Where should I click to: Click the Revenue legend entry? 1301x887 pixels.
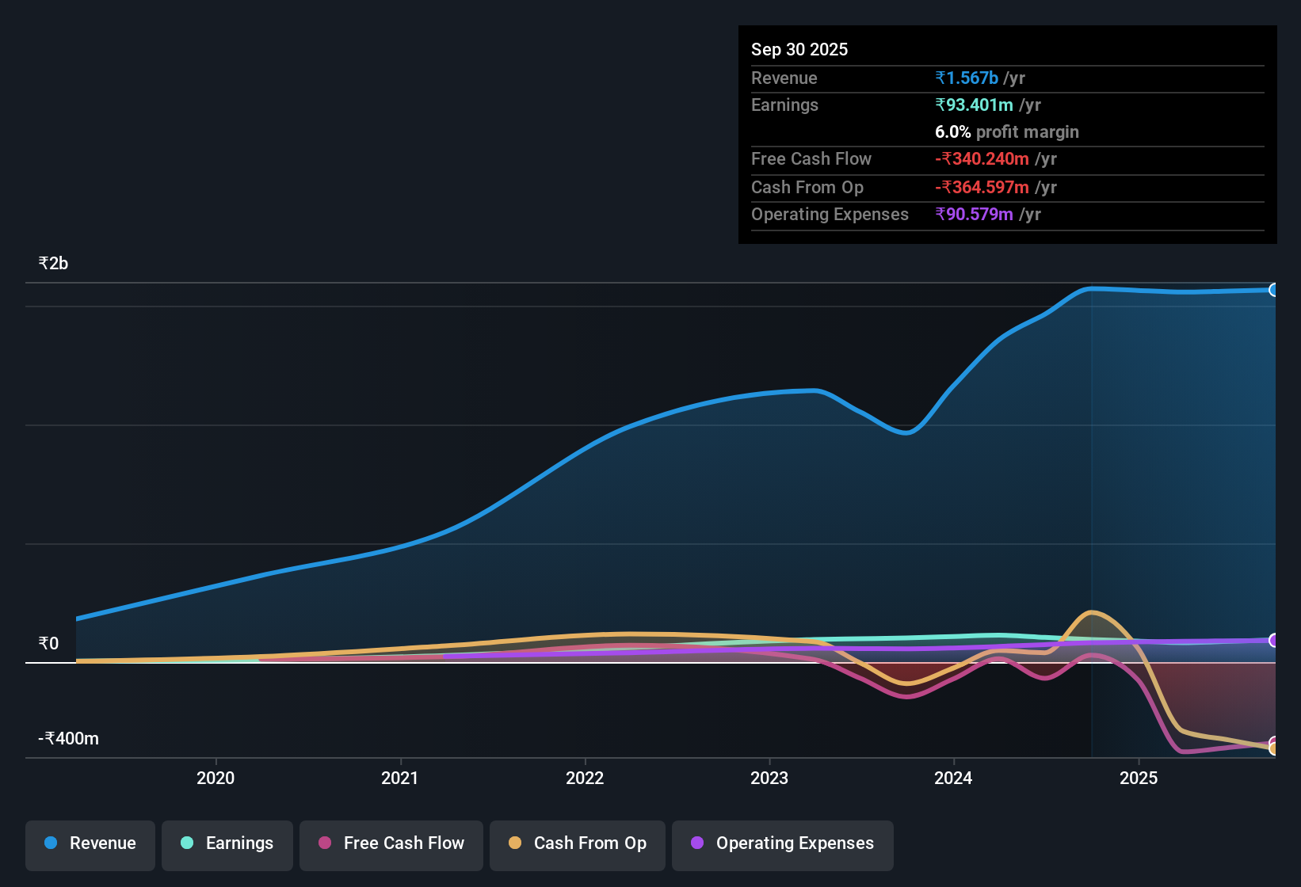pyautogui.click(x=90, y=843)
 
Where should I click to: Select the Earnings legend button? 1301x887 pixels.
pyautogui.click(x=227, y=843)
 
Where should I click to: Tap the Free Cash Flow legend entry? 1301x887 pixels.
pyautogui.click(x=391, y=843)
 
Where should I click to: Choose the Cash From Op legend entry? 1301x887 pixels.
pyautogui.click(x=577, y=843)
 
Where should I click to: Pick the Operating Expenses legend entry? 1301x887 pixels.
pyautogui.click(x=782, y=843)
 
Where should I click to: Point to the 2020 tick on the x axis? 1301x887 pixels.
pyautogui.click(x=216, y=778)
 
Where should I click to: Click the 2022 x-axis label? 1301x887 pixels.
pyautogui.click(x=585, y=778)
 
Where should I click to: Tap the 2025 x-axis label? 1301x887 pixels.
pyautogui.click(x=1139, y=778)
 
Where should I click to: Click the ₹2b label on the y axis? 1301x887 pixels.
pyautogui.click(x=53, y=264)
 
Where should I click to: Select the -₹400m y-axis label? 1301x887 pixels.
pyautogui.click(x=68, y=739)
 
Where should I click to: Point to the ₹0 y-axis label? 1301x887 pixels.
pyautogui.click(x=48, y=644)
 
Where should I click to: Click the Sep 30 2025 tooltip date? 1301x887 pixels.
pyautogui.click(x=799, y=49)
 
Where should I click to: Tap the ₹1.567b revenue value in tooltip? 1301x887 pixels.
pyautogui.click(x=967, y=78)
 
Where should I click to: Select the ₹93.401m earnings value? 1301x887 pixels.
pyautogui.click(x=974, y=105)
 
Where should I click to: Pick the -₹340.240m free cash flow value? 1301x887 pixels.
pyautogui.click(x=982, y=158)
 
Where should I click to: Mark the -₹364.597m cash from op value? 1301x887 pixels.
pyautogui.click(x=982, y=187)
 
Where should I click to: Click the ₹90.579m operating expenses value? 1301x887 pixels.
pyautogui.click(x=974, y=214)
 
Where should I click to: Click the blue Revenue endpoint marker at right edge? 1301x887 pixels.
pyautogui.click(x=1273, y=290)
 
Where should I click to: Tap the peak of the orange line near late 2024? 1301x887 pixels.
pyautogui.click(x=1092, y=611)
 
